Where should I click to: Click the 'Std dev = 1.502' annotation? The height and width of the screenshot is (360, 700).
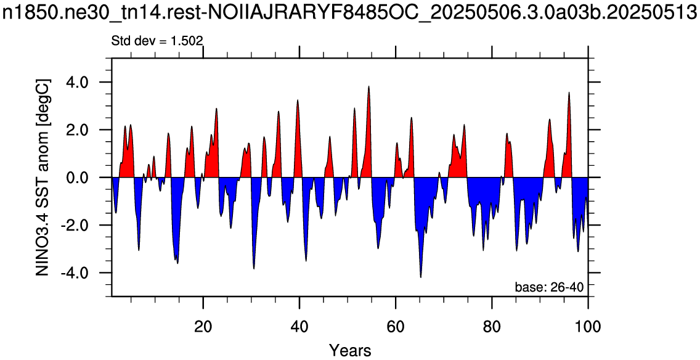point(157,41)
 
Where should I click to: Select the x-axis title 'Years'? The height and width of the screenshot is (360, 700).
point(350,350)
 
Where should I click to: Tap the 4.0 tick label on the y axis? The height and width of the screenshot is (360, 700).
point(87,83)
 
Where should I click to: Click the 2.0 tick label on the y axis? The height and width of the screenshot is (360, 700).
point(87,130)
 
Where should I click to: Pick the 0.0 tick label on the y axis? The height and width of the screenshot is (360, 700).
point(87,178)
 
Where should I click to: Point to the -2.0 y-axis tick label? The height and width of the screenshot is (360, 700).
point(84,225)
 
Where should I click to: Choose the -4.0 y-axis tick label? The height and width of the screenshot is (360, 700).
point(84,273)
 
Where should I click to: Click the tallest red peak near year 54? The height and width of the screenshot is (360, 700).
point(368,86)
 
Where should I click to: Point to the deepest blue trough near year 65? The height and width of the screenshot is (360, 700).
point(420,277)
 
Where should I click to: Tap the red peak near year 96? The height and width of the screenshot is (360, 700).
point(569,92)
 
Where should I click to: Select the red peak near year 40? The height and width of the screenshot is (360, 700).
point(298,100)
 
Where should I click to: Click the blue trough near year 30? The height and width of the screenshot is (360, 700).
point(254,268)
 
